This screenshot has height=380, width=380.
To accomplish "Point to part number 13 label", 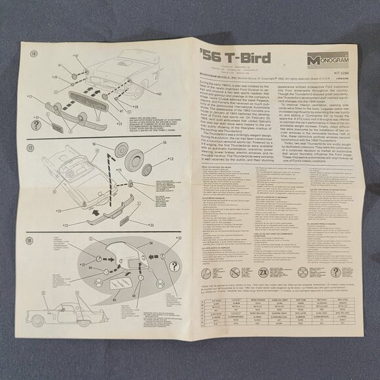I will pyautogui.click(x=172, y=159).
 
